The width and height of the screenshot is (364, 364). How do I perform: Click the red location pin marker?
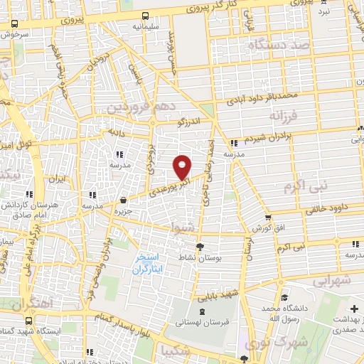[182, 166]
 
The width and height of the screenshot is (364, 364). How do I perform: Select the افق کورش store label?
[267, 228]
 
